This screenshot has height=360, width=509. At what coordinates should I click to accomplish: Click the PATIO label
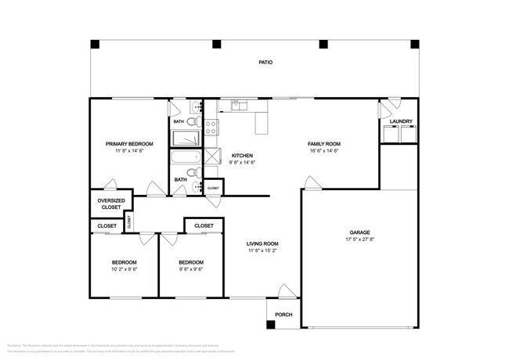tap(265, 62)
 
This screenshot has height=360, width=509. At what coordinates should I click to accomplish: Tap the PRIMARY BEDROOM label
tap(129, 144)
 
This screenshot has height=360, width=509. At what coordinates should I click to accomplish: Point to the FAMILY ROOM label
tap(323, 144)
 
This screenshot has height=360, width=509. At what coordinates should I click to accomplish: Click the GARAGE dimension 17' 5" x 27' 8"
tap(359, 240)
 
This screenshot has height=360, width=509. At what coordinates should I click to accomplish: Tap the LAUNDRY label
tap(401, 121)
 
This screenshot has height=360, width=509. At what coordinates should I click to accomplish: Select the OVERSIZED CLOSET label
tap(110, 203)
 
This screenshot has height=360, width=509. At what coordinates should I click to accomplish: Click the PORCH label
tap(283, 315)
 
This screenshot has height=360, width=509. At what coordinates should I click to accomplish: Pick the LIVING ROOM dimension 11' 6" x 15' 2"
tap(263, 251)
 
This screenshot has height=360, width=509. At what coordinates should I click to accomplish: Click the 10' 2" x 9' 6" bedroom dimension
tap(124, 269)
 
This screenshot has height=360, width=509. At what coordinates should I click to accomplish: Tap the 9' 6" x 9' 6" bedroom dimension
tap(191, 269)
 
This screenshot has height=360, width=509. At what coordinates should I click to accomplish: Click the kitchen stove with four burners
tap(211, 128)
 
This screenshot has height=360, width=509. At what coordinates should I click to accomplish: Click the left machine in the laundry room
tap(389, 135)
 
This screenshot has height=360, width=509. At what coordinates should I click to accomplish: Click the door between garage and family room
tap(312, 183)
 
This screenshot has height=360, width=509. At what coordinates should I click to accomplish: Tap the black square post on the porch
tap(270, 324)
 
